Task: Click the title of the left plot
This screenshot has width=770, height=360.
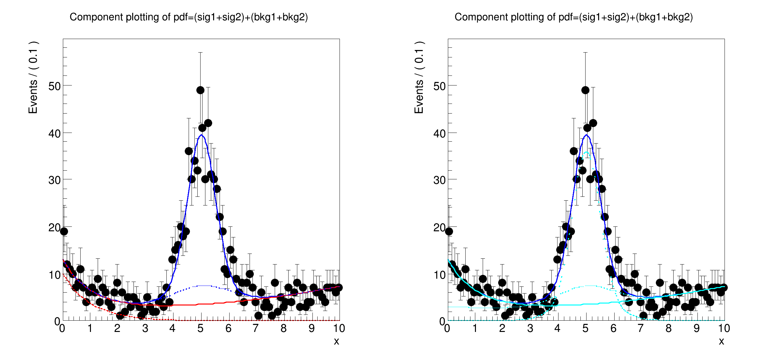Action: [x=189, y=17]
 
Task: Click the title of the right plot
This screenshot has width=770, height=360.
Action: [x=574, y=17]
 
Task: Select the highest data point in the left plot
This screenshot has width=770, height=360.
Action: [x=200, y=90]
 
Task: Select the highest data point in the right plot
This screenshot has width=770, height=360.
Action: [x=585, y=90]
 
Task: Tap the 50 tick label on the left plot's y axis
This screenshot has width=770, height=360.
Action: [x=54, y=86]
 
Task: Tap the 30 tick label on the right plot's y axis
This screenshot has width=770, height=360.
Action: [x=439, y=180]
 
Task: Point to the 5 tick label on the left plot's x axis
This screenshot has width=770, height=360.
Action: [x=200, y=329]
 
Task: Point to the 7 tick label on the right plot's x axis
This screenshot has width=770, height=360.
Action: [x=641, y=329]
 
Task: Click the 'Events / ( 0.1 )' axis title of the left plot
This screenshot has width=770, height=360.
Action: [x=33, y=77]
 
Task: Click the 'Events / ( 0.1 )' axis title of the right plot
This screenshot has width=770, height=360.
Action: [x=419, y=77]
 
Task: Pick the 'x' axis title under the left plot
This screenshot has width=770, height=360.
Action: [x=336, y=341]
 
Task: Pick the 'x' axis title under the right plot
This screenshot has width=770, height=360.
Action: [x=721, y=341]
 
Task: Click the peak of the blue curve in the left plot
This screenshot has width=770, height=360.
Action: [x=201, y=135]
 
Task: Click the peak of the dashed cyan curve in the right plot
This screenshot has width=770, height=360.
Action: [x=587, y=152]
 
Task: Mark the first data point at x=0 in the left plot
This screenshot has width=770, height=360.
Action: [x=64, y=231]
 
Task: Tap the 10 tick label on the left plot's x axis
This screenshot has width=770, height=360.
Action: [x=339, y=329]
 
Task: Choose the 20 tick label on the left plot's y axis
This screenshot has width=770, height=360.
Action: [x=54, y=228]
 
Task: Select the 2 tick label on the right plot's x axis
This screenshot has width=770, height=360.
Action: [x=502, y=329]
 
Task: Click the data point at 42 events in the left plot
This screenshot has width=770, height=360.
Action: [x=208, y=123]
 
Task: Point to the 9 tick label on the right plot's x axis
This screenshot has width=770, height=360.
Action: [x=696, y=329]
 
